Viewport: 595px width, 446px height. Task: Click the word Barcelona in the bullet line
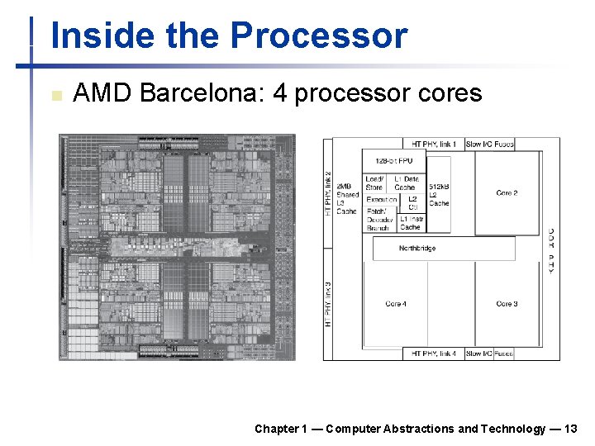(x=202, y=93)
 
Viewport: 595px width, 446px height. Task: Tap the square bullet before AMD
(x=55, y=95)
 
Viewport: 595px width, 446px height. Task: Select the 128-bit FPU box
(x=394, y=161)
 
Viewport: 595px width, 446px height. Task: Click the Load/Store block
(x=374, y=183)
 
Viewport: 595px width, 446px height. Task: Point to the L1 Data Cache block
(x=406, y=183)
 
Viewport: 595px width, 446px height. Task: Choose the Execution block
(x=381, y=200)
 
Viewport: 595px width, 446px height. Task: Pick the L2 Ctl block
(x=412, y=203)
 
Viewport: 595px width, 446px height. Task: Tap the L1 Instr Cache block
(x=411, y=223)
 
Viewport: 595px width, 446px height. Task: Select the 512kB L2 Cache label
(x=439, y=194)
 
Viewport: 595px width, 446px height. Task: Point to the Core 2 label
(x=507, y=193)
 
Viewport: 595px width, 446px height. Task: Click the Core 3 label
(x=507, y=304)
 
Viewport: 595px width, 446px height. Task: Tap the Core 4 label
(x=396, y=304)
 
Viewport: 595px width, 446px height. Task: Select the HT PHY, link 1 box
(x=433, y=145)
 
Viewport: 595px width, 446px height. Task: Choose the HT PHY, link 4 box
(x=433, y=353)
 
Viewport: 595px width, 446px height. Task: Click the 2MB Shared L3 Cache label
(x=348, y=199)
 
